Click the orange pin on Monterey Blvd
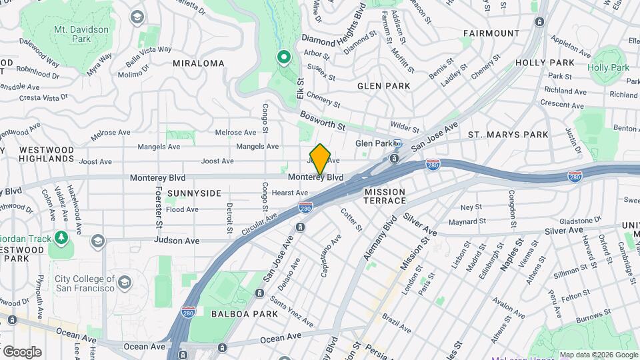320,159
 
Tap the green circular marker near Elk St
283,58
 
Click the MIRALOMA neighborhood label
198,63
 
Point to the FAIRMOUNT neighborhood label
491,33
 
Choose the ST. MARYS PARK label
508,135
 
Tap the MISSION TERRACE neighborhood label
385,196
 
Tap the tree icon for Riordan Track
61,237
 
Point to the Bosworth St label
322,122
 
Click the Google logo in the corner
22,351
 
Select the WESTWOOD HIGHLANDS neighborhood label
46,155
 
